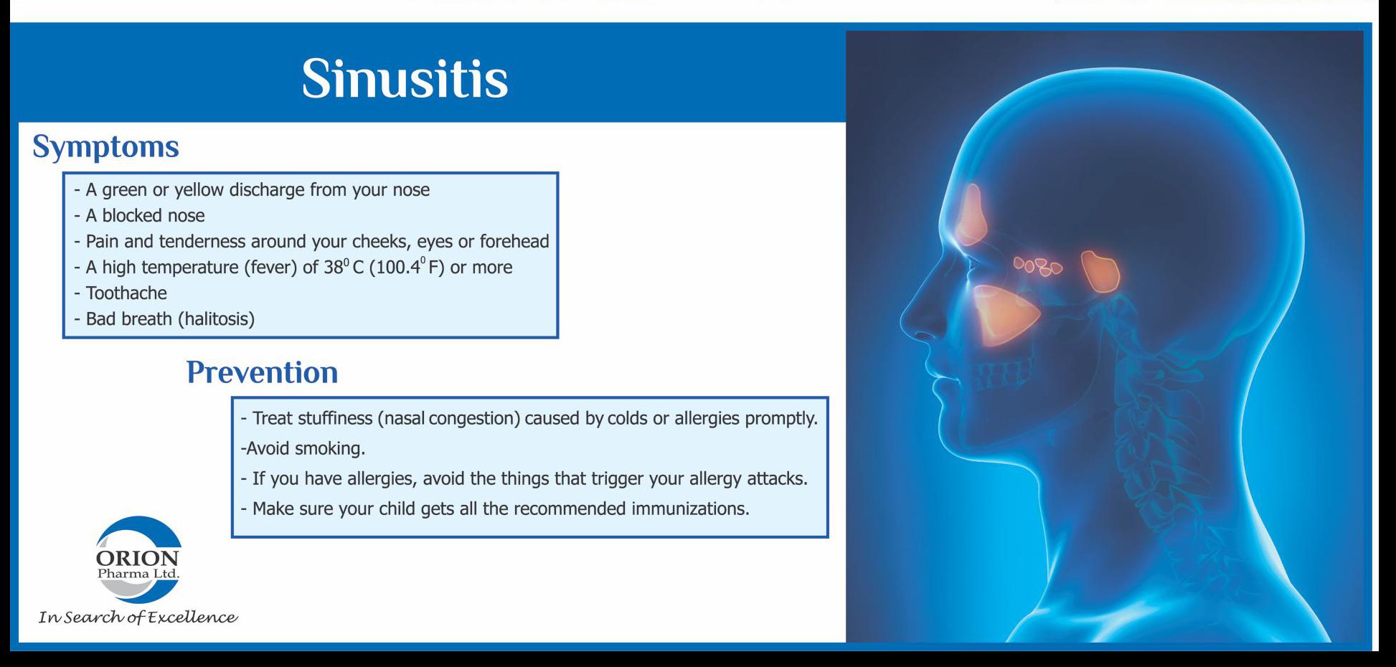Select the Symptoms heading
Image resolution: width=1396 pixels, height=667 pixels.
105,147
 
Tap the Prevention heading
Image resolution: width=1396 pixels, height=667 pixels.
262,372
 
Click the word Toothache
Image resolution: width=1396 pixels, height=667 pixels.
126,293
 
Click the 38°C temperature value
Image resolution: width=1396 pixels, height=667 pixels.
344,267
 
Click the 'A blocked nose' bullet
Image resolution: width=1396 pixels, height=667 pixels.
140,215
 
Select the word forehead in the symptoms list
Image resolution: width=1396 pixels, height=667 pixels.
514,241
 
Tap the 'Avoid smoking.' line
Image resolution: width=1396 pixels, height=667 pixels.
303,448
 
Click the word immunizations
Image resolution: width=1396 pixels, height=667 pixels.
690,508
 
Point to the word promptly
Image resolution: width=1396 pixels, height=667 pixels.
781,418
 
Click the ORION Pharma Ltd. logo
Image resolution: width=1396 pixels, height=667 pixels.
138,559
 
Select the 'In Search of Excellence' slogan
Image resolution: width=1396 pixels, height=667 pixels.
138,618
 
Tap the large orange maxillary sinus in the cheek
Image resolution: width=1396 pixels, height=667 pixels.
1004,314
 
